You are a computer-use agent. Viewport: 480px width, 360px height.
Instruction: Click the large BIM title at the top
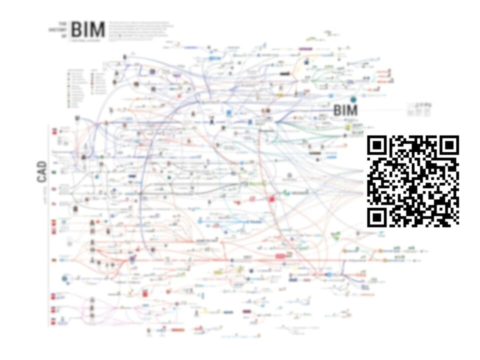88,29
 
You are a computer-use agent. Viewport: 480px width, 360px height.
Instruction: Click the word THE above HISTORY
62,23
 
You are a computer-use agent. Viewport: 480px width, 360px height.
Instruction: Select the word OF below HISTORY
62,36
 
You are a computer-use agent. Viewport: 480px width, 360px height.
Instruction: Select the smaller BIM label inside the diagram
345,110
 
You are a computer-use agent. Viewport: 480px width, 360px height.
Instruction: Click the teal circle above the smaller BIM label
353,99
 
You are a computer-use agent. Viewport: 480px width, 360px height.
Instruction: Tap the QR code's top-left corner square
377,145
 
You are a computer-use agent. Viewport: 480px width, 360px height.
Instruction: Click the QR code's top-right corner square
449,145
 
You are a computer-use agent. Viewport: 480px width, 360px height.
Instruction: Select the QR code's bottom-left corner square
377,217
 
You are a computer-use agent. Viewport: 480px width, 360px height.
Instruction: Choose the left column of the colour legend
73,87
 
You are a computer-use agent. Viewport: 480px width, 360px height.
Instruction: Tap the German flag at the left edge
53,260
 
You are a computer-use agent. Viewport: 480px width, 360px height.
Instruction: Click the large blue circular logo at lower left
65,279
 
